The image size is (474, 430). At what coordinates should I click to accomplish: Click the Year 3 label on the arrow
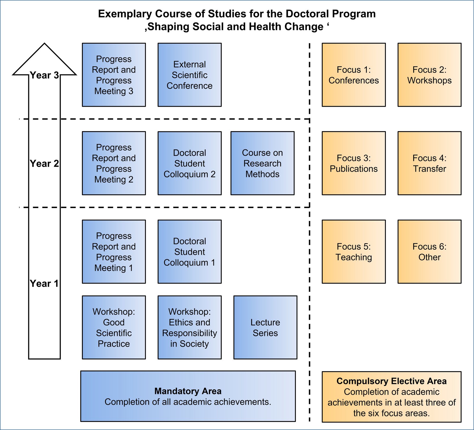[x=44, y=75]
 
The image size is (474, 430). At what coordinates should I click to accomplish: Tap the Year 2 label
[x=44, y=163]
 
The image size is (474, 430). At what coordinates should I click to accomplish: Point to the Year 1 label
[x=44, y=284]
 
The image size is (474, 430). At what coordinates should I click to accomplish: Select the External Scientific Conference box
[x=189, y=75]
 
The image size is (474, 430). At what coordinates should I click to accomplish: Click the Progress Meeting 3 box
[x=114, y=75]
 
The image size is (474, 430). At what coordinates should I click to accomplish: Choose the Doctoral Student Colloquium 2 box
[x=189, y=163]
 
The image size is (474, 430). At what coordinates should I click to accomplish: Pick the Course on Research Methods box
[x=262, y=163]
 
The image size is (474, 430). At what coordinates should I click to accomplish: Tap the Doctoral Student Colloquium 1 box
[x=189, y=252]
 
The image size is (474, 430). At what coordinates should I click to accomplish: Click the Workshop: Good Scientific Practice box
[x=114, y=327]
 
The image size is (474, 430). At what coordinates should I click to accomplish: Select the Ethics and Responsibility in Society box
[x=189, y=327]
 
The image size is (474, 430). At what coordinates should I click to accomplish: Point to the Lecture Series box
[x=265, y=327]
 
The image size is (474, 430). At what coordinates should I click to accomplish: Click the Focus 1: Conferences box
[x=354, y=75]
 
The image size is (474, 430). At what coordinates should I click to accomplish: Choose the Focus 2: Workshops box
[x=429, y=75]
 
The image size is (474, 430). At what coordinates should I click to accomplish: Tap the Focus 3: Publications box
[x=354, y=163]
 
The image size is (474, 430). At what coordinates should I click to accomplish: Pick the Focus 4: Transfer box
[x=429, y=163]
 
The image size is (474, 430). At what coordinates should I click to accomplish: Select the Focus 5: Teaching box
[x=354, y=252]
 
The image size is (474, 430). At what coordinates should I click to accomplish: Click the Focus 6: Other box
[x=429, y=252]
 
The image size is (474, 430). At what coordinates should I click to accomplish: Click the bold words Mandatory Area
[x=188, y=391]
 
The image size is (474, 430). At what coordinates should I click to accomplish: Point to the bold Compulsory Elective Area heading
[x=392, y=381]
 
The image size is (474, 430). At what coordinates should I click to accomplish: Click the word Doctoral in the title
[x=307, y=14]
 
